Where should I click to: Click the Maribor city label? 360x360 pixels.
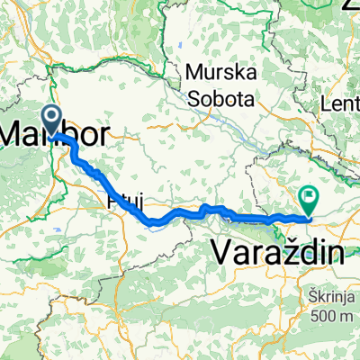point(56,136)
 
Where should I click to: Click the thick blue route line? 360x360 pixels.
point(180,215)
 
